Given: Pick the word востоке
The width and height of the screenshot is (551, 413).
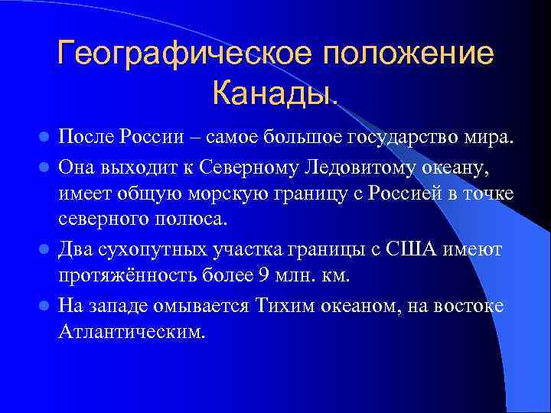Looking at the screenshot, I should coord(476,305).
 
